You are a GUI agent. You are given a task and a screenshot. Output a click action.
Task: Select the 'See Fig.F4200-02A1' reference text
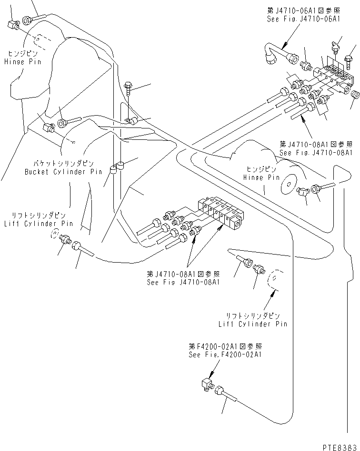pyautogui.click(x=224, y=354)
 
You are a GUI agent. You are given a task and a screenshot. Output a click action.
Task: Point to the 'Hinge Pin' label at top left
pyautogui.click(x=22, y=62)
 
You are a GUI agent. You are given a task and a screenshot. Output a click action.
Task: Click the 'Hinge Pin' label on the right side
pyautogui.click(x=261, y=176)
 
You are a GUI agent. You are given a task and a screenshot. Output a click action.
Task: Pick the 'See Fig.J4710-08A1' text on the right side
pyautogui.click(x=316, y=153)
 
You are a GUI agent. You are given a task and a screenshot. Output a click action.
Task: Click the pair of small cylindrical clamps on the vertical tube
pyautogui.click(x=117, y=168)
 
